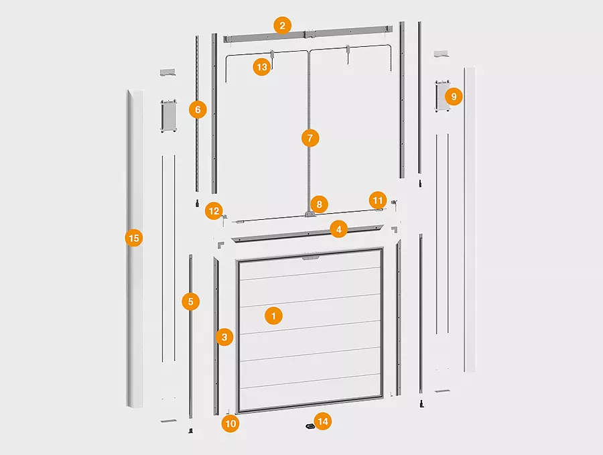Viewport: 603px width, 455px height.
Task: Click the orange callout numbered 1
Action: pyautogui.click(x=273, y=316)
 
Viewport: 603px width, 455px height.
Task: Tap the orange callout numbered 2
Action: pyautogui.click(x=283, y=25)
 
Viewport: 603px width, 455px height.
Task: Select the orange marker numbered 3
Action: pyautogui.click(x=224, y=337)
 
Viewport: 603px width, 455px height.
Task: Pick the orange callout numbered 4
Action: pyautogui.click(x=338, y=229)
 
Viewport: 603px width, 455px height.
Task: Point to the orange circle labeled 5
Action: pyautogui.click(x=191, y=302)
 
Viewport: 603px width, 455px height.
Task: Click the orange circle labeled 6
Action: pyautogui.click(x=198, y=110)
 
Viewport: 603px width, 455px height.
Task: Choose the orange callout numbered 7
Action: pyautogui.click(x=310, y=137)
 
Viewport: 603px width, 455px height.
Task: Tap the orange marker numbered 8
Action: pyautogui.click(x=319, y=204)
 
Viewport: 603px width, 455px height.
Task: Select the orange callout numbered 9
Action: pyautogui.click(x=454, y=96)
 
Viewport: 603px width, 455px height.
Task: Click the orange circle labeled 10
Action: pyautogui.click(x=230, y=424)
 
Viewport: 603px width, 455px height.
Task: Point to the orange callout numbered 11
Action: pyautogui.click(x=378, y=200)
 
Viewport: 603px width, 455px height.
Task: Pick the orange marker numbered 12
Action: pyautogui.click(x=214, y=211)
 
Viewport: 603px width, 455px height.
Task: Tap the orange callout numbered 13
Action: pyautogui.click(x=261, y=67)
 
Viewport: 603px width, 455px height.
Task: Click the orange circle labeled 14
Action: pyautogui.click(x=322, y=421)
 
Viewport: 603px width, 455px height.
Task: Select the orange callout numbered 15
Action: pyautogui.click(x=134, y=238)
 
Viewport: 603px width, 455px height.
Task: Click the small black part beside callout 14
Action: pyautogui.click(x=309, y=426)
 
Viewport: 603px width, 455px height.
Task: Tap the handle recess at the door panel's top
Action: pyautogui.click(x=310, y=257)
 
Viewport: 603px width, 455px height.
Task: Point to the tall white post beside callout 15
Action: pyautogui.click(x=135, y=249)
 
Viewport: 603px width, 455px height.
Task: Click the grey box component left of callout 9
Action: pyautogui.click(x=442, y=96)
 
